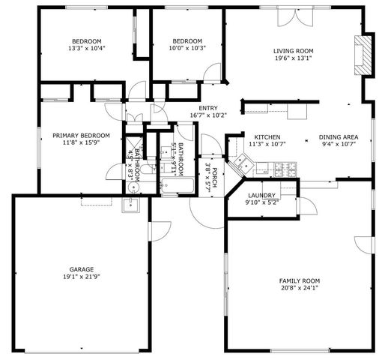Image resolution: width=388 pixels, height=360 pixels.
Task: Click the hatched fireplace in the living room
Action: click(x=363, y=55)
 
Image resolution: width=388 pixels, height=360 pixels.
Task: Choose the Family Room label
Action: click(x=299, y=281)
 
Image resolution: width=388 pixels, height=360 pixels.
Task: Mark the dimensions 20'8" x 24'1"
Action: click(x=299, y=289)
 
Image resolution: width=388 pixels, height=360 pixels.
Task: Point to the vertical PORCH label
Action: click(x=215, y=178)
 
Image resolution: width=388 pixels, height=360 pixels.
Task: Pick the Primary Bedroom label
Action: click(x=81, y=135)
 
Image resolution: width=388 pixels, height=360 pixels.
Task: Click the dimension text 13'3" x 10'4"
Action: click(x=86, y=48)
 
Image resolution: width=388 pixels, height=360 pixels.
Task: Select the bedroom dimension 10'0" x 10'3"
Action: click(x=187, y=48)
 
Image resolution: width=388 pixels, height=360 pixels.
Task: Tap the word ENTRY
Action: click(x=207, y=108)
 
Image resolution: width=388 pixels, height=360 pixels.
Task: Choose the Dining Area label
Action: click(x=338, y=136)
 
